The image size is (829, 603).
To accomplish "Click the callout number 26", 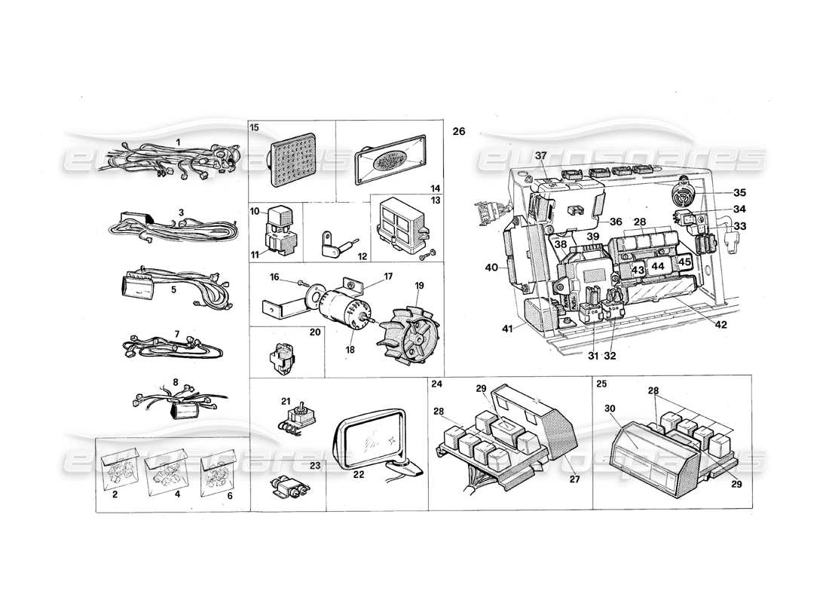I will pos(459,132).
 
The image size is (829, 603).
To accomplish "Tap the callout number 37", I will pos(540,155).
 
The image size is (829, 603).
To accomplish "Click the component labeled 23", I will pos(287,489).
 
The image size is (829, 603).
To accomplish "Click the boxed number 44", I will pos(658,266).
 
